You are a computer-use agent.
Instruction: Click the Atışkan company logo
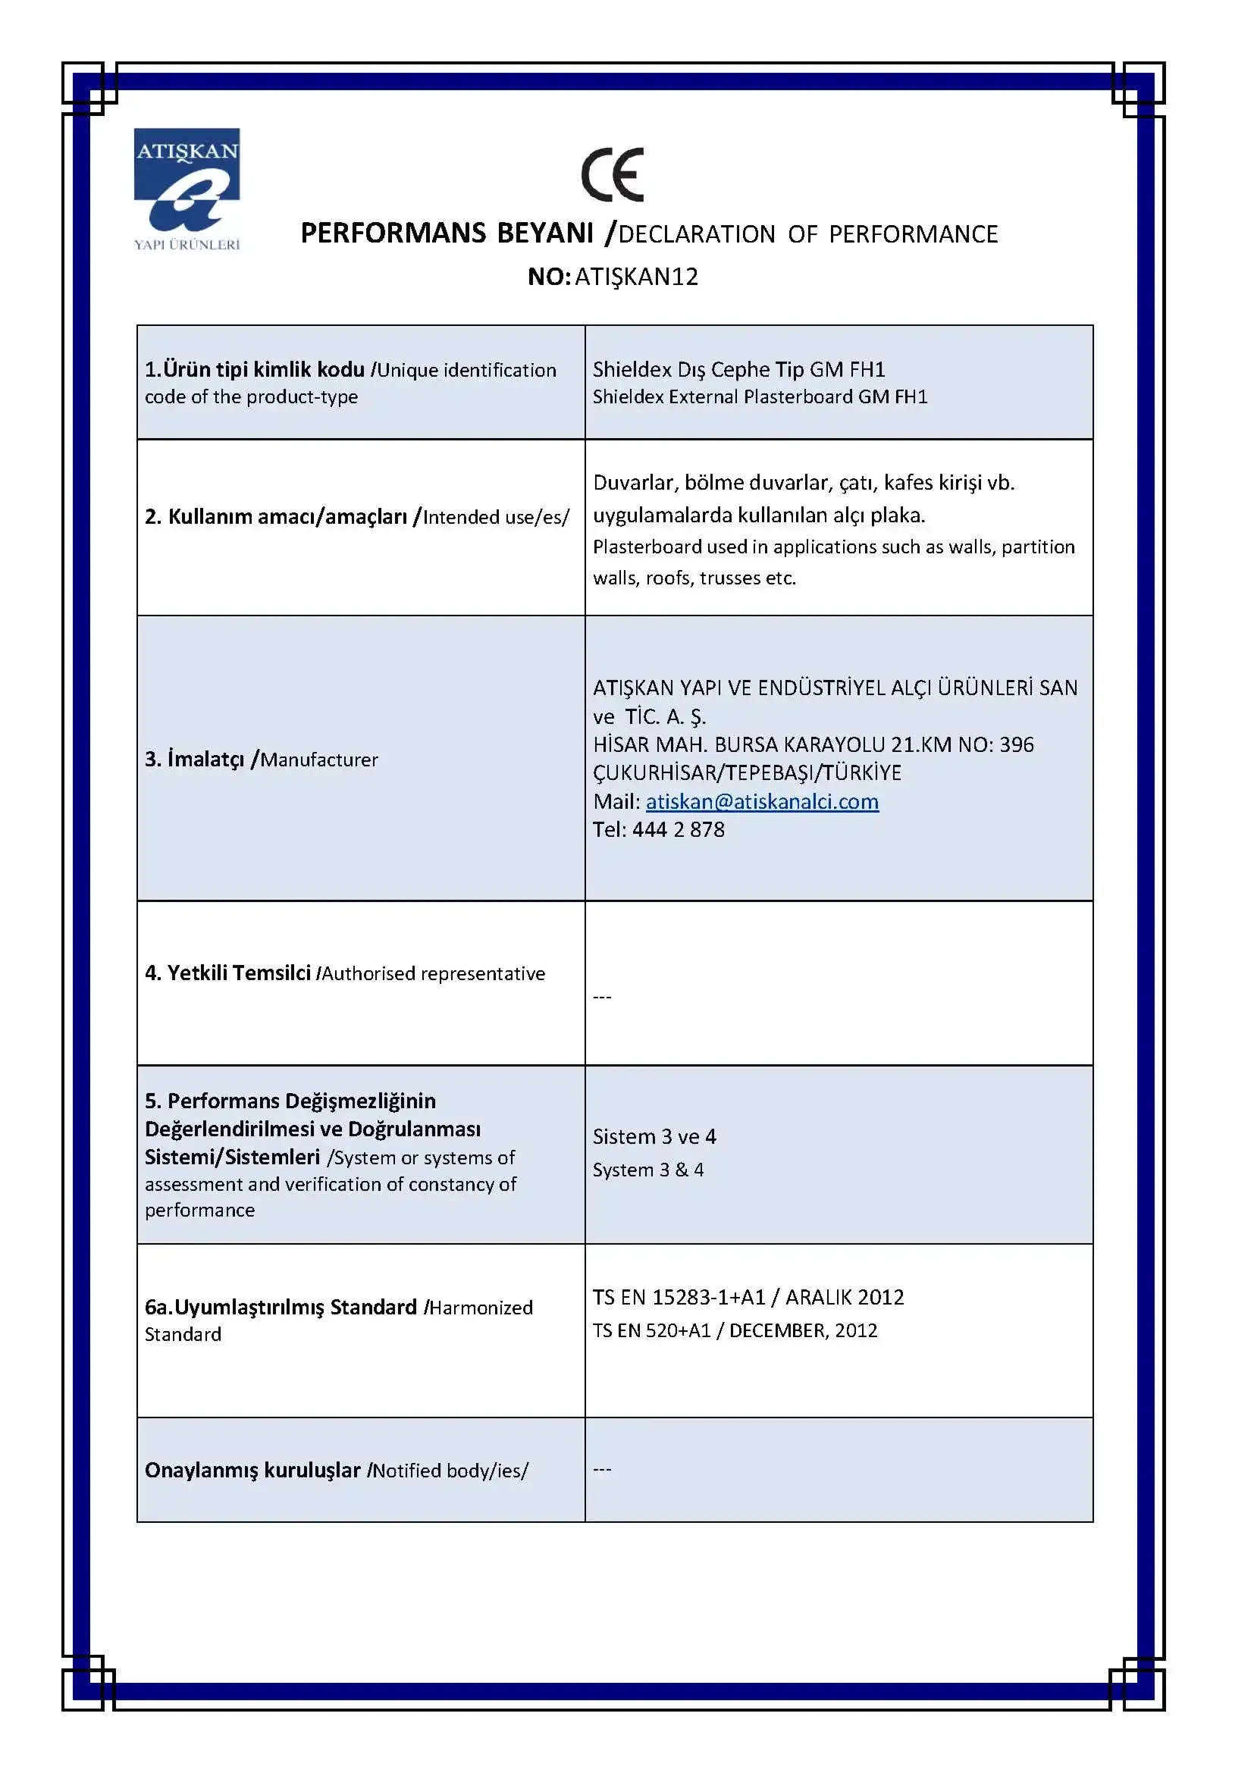point(187,190)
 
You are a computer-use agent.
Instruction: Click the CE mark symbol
point(613,174)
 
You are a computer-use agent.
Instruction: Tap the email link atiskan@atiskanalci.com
point(761,801)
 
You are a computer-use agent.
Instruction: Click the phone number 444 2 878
point(678,829)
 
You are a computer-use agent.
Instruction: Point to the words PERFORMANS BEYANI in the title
point(447,233)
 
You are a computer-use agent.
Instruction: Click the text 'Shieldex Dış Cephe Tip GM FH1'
point(738,369)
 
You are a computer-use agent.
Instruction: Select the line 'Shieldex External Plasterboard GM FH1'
point(760,396)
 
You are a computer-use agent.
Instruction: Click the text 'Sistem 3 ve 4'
point(654,1136)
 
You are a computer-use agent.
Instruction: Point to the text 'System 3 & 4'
point(647,1169)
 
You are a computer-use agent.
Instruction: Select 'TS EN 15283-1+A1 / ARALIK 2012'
point(748,1296)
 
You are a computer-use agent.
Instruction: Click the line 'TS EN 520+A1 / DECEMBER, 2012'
point(735,1330)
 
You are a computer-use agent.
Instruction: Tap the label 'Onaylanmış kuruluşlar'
point(252,1470)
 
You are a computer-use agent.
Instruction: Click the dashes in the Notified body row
point(601,1469)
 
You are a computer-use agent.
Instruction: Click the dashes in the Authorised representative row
point(601,997)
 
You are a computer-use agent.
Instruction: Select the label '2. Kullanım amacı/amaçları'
point(276,517)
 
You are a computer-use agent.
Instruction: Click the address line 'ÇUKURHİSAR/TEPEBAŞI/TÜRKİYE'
point(747,772)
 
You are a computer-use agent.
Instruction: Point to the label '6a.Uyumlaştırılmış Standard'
point(281,1308)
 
